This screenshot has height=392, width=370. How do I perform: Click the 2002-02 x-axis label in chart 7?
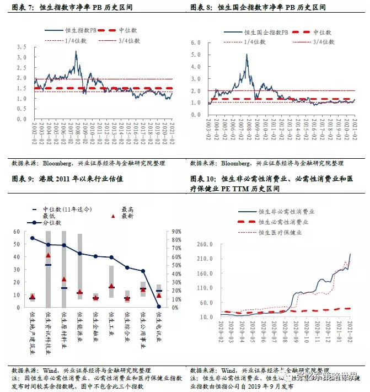[35, 131]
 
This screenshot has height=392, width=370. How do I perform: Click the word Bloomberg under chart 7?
[58, 163]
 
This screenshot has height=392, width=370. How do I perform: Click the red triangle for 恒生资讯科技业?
[48, 255]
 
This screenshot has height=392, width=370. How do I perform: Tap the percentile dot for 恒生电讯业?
[159, 307]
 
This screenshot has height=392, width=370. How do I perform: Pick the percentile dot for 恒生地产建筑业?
[32, 238]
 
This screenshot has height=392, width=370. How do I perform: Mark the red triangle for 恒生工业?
[111, 286]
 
